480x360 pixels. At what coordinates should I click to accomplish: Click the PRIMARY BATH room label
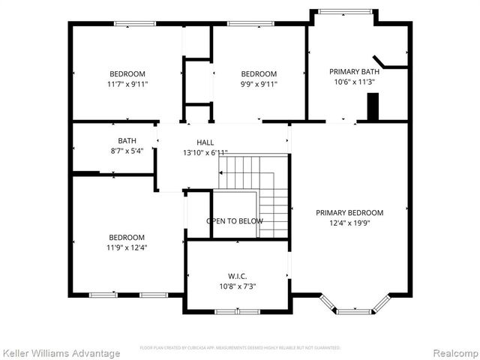(x=354, y=72)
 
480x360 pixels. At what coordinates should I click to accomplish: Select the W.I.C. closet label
(x=237, y=276)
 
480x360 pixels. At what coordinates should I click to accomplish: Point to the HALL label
(x=205, y=142)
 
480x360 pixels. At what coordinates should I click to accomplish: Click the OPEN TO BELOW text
(x=235, y=221)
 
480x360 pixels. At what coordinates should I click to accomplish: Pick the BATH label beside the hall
(x=127, y=140)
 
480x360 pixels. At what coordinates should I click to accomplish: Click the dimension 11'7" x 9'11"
(x=127, y=84)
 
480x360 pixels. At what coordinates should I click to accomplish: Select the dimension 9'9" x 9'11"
(x=258, y=84)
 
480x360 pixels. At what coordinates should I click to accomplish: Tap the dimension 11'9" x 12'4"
(x=127, y=247)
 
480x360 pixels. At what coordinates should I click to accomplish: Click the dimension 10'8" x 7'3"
(x=237, y=286)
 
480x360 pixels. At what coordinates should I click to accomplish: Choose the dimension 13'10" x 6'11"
(x=205, y=152)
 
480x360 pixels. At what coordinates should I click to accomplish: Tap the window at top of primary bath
(x=341, y=11)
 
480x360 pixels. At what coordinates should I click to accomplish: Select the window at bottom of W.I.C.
(x=237, y=311)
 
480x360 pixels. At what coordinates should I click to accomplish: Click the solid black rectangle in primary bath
(x=373, y=107)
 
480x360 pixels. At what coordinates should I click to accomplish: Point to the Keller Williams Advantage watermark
(x=61, y=352)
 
